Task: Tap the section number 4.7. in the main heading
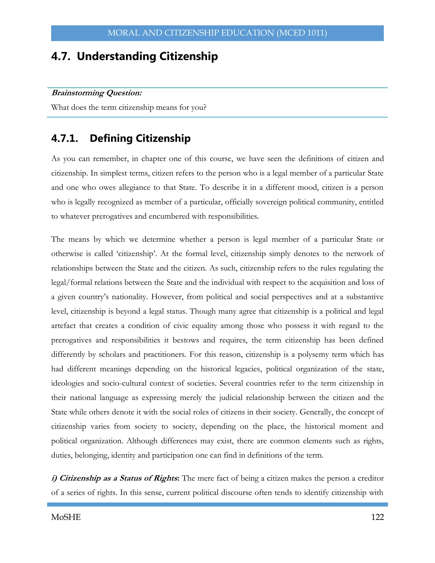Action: point(61,56)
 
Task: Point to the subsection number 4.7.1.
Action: point(64,139)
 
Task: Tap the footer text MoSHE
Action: point(66,517)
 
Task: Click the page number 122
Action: point(377,517)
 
